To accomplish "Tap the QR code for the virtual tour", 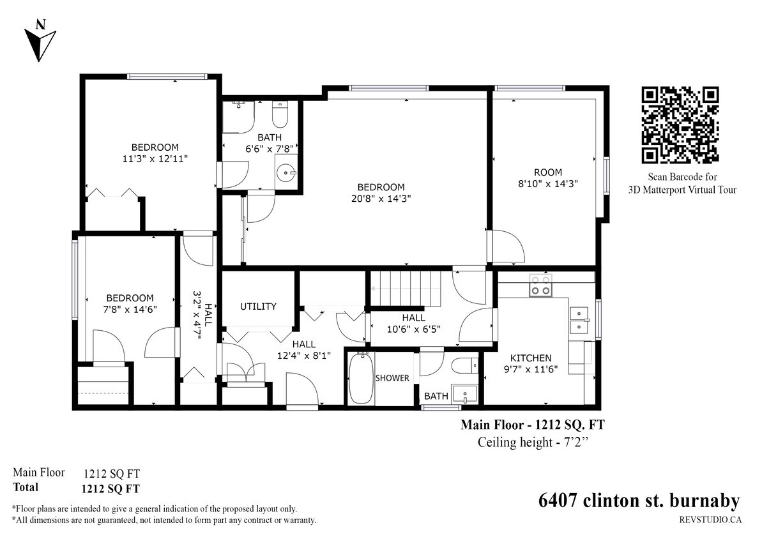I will tap(681, 125).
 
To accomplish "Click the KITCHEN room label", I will tap(530, 358).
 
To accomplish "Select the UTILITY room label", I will tap(258, 307).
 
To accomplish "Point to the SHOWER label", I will tap(392, 378).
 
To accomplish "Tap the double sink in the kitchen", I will tap(579, 320).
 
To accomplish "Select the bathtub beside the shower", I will tap(360, 379).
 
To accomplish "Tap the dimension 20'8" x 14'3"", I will tap(381, 199).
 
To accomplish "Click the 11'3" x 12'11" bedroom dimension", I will tap(155, 158).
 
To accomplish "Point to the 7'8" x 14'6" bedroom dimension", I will tap(130, 309).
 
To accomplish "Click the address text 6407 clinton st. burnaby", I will tap(639, 500).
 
